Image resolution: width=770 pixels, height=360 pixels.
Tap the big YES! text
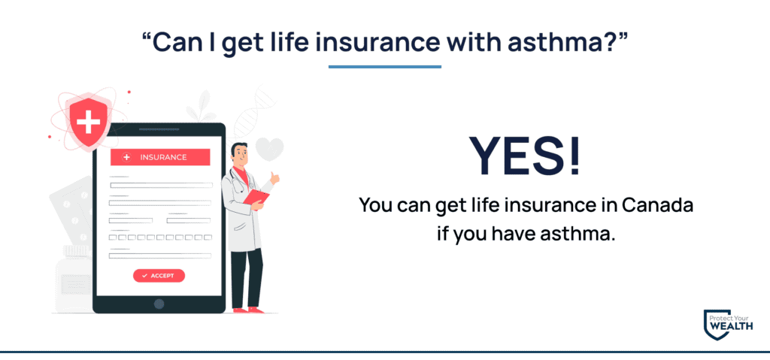[525, 155]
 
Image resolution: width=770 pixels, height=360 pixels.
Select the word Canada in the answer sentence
[657, 204]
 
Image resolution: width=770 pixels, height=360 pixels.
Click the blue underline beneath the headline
[385, 67]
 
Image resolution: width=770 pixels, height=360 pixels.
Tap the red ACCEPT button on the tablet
[159, 276]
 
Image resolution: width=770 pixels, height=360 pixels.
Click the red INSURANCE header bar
[160, 157]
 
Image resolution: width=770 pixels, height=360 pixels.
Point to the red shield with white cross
[89, 123]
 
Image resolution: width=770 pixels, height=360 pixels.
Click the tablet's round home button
[159, 304]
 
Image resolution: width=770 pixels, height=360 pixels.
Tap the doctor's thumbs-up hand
[274, 177]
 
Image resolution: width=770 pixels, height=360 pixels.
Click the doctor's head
[239, 153]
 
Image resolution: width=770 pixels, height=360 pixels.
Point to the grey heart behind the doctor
[270, 149]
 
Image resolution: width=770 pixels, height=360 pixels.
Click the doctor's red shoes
[247, 310]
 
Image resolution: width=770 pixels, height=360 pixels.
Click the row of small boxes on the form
[160, 237]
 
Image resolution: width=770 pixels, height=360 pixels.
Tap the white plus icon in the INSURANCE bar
[126, 157]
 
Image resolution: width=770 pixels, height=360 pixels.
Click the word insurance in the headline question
[377, 43]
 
